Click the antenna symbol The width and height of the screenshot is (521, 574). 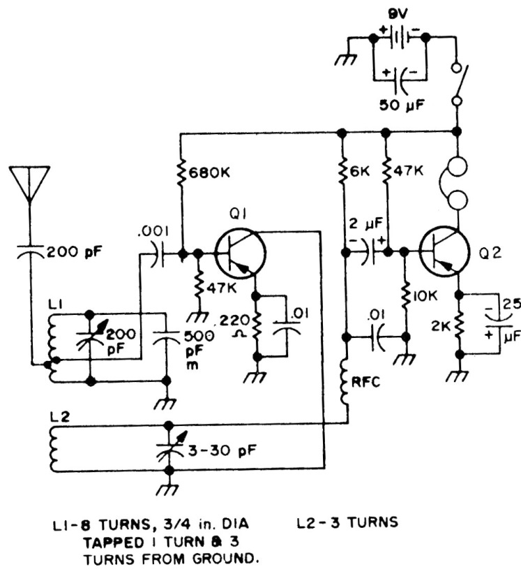(x=29, y=183)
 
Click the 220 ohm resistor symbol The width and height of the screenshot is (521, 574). (x=257, y=329)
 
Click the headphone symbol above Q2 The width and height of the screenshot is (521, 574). (x=457, y=184)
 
